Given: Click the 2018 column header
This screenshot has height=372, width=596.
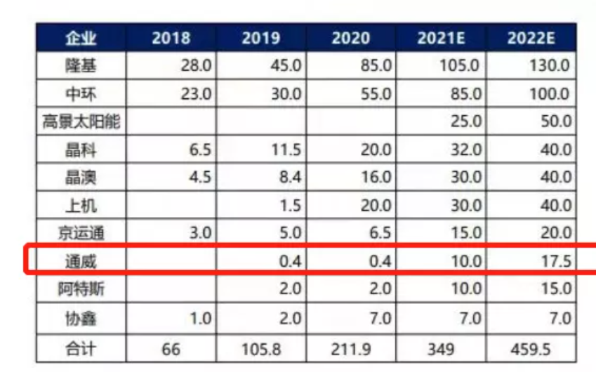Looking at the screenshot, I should (171, 38).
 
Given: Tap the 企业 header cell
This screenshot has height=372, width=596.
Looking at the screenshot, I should (81, 38).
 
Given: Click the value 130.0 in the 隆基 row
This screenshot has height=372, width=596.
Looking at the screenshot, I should (551, 66).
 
